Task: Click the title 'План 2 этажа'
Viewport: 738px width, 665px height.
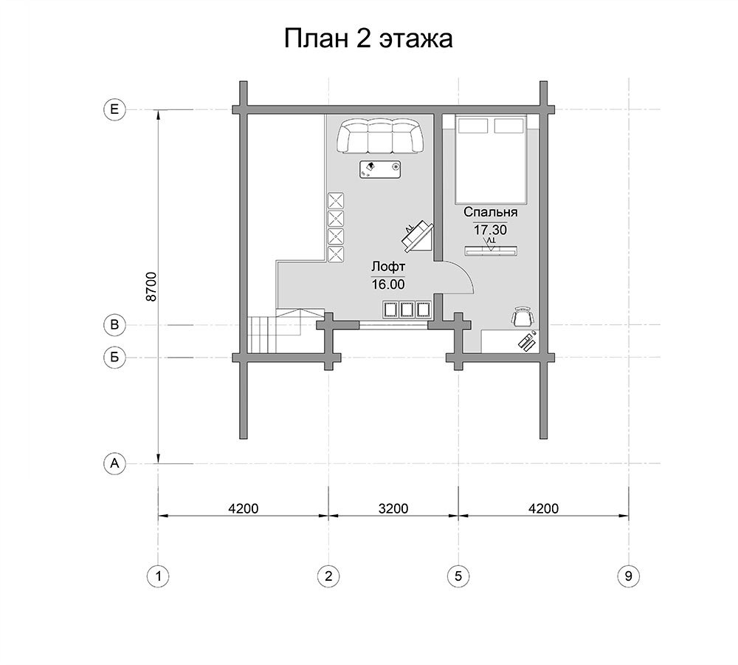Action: [x=368, y=38]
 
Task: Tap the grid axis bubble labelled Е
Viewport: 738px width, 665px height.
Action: [x=114, y=109]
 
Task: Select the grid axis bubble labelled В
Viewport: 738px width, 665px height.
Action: [x=114, y=324]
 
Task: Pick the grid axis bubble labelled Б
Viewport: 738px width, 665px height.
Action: [x=114, y=357]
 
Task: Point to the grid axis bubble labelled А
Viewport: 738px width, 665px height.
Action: [x=114, y=463]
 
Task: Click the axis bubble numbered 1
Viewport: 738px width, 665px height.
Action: [x=158, y=576]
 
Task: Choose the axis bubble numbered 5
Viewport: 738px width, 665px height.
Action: [x=458, y=576]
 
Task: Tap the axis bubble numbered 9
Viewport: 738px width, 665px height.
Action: [x=628, y=576]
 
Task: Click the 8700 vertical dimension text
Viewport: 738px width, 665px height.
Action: [x=151, y=287]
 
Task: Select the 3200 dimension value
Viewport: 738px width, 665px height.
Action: [x=393, y=508]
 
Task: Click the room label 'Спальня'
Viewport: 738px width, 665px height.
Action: [x=491, y=213]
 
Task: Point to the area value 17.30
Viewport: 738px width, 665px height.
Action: [x=491, y=230]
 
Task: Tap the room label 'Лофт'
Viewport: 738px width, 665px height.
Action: [x=388, y=267]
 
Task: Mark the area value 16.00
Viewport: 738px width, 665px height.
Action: [x=388, y=284]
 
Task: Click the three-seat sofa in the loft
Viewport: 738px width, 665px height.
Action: [x=379, y=136]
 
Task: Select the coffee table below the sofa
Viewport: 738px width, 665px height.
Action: [x=380, y=169]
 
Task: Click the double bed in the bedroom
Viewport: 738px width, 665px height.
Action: [x=490, y=160]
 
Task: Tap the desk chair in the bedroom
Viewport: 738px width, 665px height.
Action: [x=523, y=316]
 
